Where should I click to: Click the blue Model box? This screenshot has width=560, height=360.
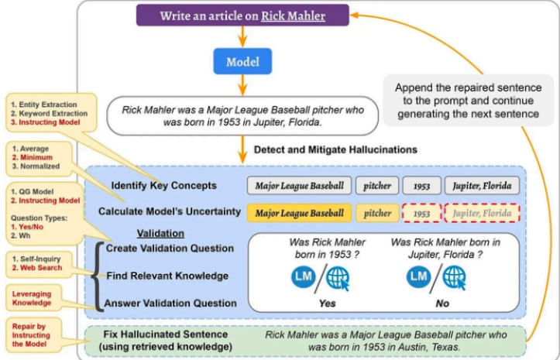coord(242,61)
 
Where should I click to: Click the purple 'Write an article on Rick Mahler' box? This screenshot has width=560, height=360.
coord(242,15)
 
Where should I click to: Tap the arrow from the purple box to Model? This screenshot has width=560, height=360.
coord(242,37)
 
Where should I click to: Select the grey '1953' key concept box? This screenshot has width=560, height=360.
coord(422,186)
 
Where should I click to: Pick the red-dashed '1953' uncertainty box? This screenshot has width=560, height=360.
coord(422,213)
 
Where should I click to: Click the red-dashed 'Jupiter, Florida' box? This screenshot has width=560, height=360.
coord(482,213)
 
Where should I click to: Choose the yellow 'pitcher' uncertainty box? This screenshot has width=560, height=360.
coord(377,213)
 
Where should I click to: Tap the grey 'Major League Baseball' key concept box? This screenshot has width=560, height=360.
coord(299,186)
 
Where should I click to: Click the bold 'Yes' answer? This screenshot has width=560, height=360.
coord(327,303)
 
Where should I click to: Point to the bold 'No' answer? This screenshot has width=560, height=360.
coord(442,303)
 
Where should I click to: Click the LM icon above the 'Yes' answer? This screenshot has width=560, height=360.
coord(303,277)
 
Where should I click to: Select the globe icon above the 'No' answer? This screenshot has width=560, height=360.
coord(455,277)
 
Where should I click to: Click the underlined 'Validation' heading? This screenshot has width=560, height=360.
coord(160,234)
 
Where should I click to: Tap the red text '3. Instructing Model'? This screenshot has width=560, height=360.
coord(46,122)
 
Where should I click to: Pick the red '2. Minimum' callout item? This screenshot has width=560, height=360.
coord(33,157)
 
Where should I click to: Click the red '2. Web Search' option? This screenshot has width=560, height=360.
coord(36,268)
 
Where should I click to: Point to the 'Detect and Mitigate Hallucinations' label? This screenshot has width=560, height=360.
coord(335,149)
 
